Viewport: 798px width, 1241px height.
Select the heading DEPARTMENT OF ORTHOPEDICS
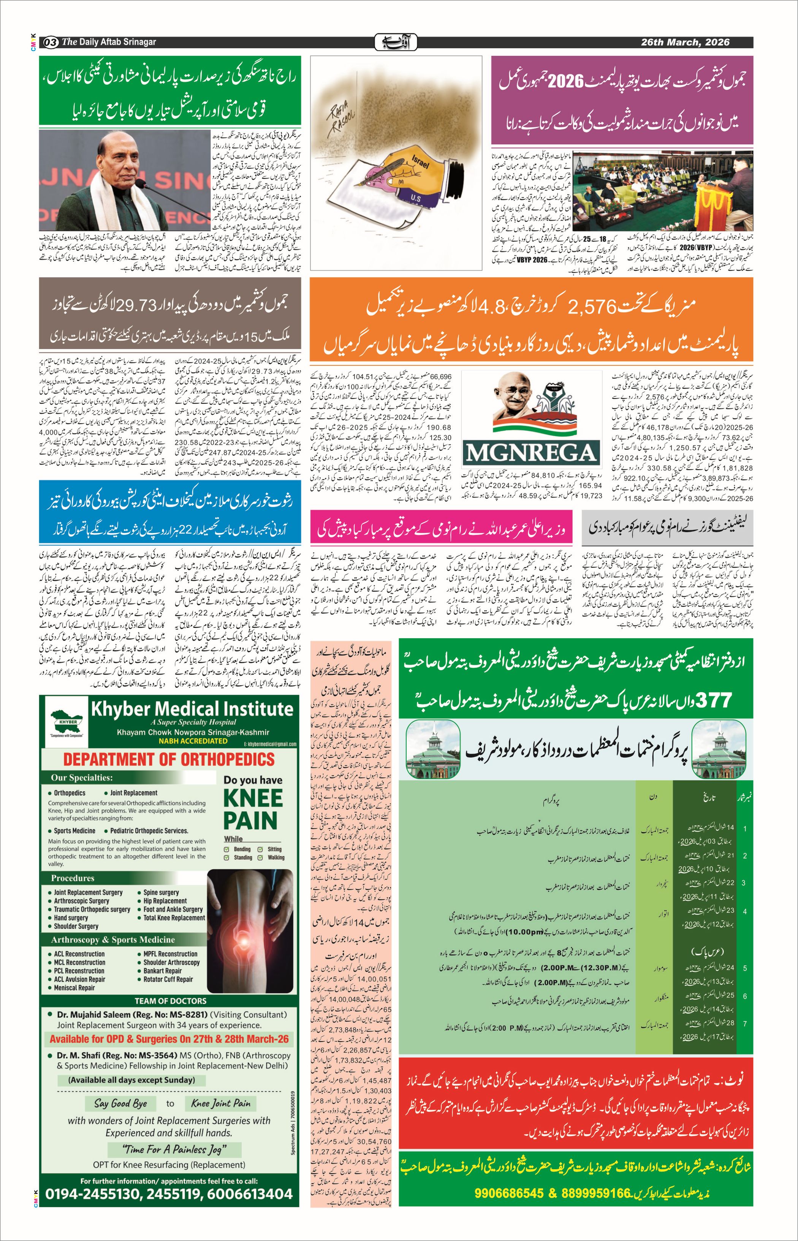pos(169,760)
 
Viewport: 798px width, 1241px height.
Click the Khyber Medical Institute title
pos(192,708)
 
